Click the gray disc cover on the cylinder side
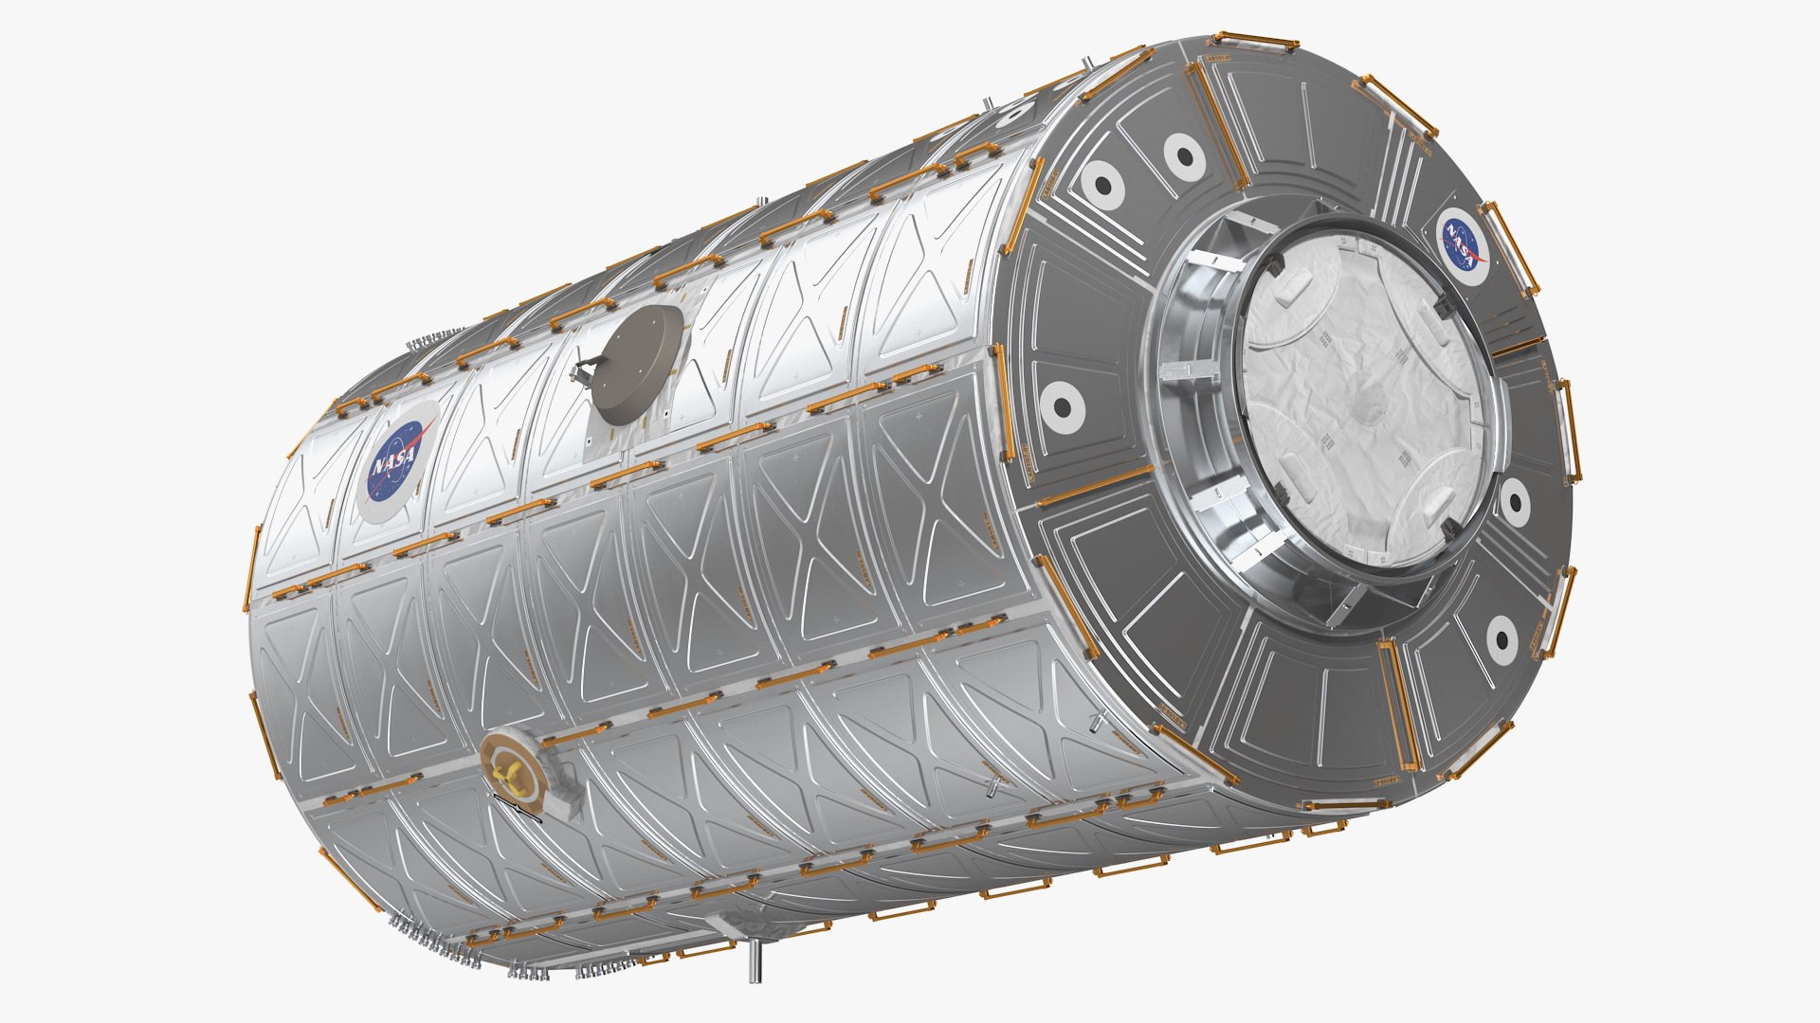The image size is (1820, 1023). click(x=636, y=364)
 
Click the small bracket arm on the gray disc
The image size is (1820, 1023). click(x=583, y=373)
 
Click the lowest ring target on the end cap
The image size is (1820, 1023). click(x=1501, y=639)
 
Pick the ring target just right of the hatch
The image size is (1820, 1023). click(x=1513, y=502)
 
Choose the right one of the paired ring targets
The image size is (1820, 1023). click(x=1183, y=154)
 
